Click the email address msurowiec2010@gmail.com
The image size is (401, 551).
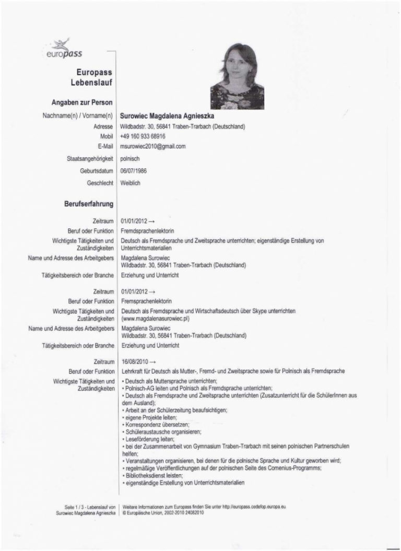tap(153, 147)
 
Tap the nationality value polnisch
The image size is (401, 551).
tap(130, 159)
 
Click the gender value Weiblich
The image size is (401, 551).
tap(131, 183)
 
